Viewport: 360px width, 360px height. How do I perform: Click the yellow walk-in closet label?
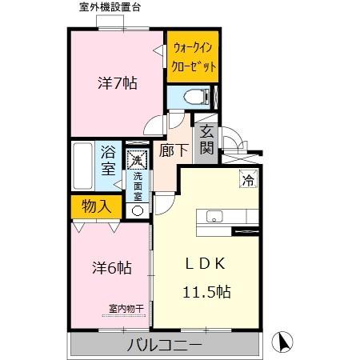[192, 59]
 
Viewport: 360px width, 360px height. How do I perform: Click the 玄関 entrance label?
[206, 141]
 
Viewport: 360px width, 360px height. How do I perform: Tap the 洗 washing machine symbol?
[136, 161]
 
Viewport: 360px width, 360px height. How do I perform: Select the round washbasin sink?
[137, 210]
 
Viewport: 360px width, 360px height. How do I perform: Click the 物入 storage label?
[96, 206]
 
